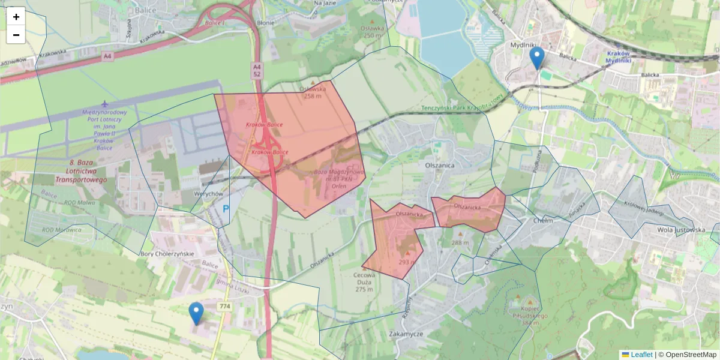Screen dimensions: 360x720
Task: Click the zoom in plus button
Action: [16, 17]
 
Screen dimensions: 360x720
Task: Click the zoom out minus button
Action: [16, 35]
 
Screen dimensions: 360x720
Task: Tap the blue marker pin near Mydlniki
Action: [537, 59]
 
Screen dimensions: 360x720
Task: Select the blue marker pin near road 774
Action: [196, 313]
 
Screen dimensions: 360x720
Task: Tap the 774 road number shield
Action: [225, 307]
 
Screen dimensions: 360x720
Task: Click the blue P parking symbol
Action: [226, 209]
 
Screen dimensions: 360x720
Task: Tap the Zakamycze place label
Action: [406, 334]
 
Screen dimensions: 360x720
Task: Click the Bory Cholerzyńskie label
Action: [167, 254]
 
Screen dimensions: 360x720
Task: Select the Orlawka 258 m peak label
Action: [312, 92]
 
